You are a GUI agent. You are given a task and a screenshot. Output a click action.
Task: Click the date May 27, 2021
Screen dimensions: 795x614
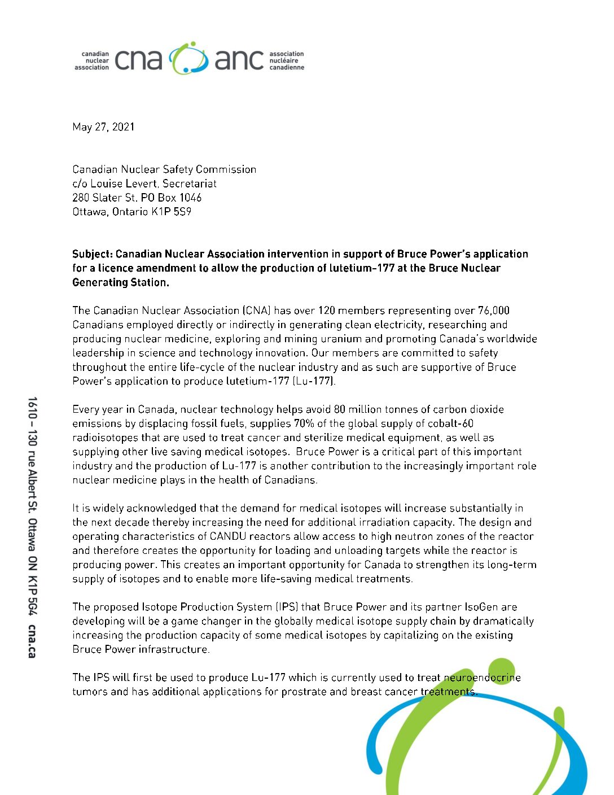103,127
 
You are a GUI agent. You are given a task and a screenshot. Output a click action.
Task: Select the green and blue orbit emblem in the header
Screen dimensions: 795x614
188,58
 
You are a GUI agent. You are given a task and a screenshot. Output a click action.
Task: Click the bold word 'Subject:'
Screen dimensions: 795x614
92,254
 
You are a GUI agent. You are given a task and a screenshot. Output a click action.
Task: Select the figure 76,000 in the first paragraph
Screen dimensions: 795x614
493,311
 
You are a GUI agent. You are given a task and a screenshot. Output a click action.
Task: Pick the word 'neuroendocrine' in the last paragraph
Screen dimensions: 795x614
482,678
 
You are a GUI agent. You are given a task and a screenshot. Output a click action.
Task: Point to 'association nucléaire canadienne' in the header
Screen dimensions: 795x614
286,60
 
